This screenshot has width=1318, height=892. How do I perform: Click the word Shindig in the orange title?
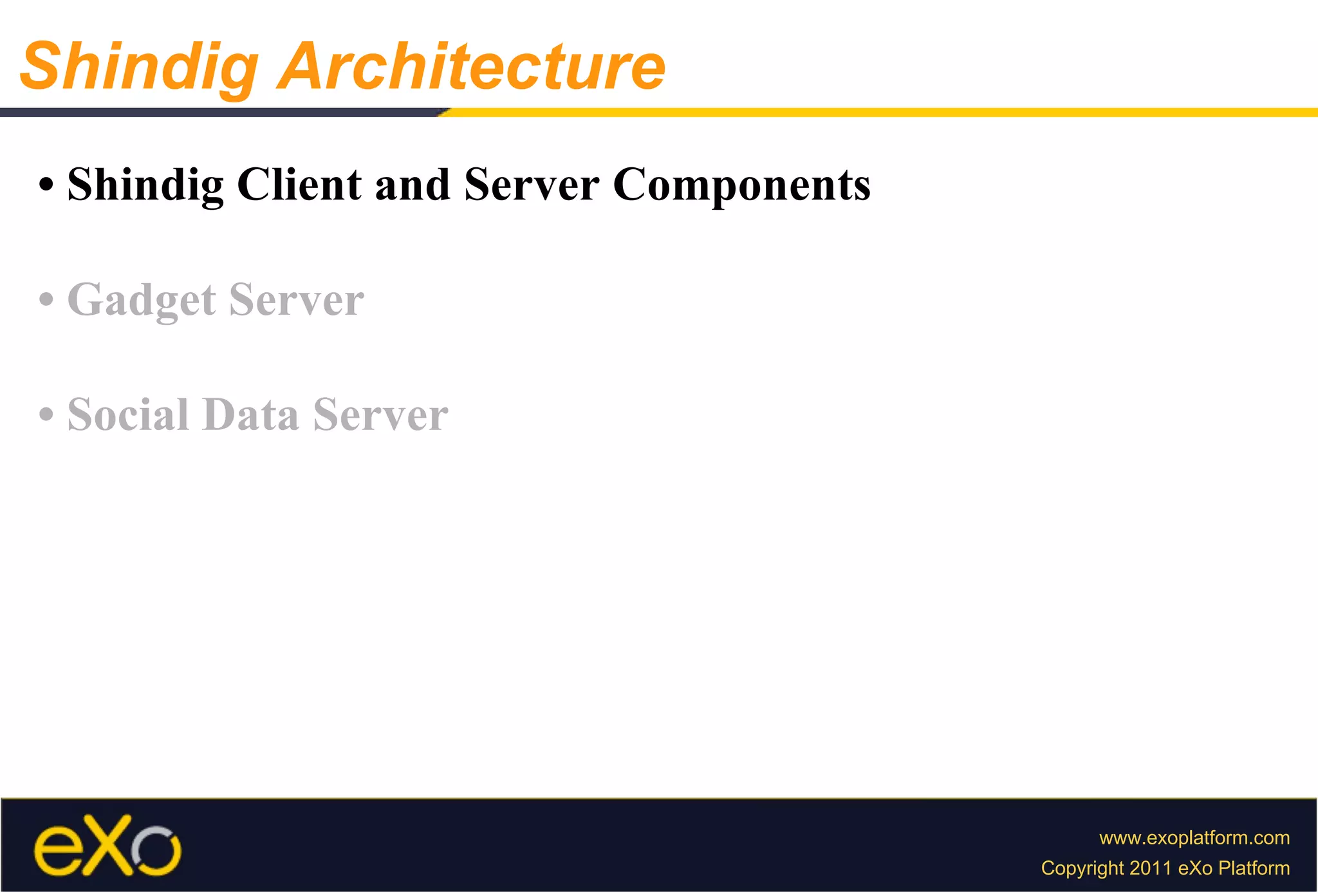coord(139,67)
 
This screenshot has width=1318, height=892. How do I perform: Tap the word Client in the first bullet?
coord(299,185)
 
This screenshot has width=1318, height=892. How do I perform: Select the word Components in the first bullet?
coord(741,185)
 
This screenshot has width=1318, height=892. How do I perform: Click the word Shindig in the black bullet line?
coord(145,185)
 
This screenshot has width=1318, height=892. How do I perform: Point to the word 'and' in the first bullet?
coord(412,185)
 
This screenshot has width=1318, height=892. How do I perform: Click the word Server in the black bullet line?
coord(532,185)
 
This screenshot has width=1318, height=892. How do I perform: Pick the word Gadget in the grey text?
coord(142,301)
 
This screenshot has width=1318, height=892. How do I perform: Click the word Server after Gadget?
coord(296,301)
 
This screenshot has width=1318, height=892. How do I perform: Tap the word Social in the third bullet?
coord(128,415)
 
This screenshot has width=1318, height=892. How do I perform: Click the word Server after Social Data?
coord(380,415)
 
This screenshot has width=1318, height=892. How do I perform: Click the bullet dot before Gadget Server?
coord(46,301)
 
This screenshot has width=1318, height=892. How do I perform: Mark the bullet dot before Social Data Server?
coord(46,415)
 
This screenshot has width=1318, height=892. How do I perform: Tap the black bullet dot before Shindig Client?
coord(46,185)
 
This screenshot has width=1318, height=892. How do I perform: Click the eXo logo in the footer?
coord(107,846)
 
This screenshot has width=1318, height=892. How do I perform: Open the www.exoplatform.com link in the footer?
coord(1194,838)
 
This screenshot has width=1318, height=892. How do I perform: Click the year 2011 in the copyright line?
coord(1151,868)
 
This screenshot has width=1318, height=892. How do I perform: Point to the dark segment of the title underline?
coord(219,113)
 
